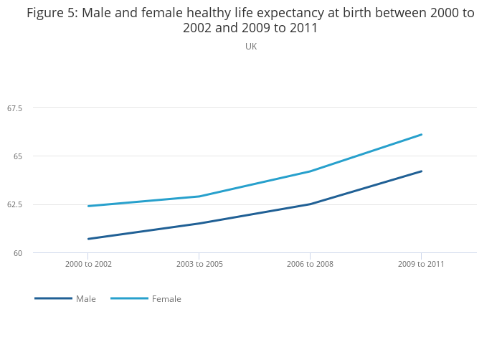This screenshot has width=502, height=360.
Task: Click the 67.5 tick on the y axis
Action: click(x=15, y=108)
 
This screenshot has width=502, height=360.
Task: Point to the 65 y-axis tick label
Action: click(x=19, y=156)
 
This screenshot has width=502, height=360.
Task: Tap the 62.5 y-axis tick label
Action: click(x=15, y=205)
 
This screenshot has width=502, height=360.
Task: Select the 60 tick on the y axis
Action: click(x=19, y=253)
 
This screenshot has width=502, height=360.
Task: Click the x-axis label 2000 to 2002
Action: click(x=88, y=265)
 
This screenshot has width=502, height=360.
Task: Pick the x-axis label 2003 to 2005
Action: click(x=199, y=265)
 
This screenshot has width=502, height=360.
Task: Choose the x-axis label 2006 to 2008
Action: click(x=310, y=265)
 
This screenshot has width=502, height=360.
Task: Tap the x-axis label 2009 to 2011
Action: click(x=421, y=265)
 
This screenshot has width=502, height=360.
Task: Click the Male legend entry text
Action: click(x=86, y=299)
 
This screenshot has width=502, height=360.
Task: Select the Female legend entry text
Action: click(x=166, y=299)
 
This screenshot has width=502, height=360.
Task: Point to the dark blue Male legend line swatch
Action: click(x=53, y=298)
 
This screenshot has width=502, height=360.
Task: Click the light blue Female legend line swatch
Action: click(x=130, y=298)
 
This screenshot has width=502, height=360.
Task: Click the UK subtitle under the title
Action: click(x=251, y=47)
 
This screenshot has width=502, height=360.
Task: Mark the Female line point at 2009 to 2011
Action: click(x=421, y=135)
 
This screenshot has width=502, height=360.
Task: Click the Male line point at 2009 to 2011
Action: click(x=421, y=171)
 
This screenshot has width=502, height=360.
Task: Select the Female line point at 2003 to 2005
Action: click(x=199, y=196)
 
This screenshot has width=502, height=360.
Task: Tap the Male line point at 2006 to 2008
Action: click(x=310, y=204)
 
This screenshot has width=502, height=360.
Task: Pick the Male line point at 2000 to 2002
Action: click(x=88, y=239)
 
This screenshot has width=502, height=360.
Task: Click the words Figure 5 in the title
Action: click(x=52, y=13)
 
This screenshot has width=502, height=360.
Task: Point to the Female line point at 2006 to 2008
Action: click(x=310, y=171)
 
